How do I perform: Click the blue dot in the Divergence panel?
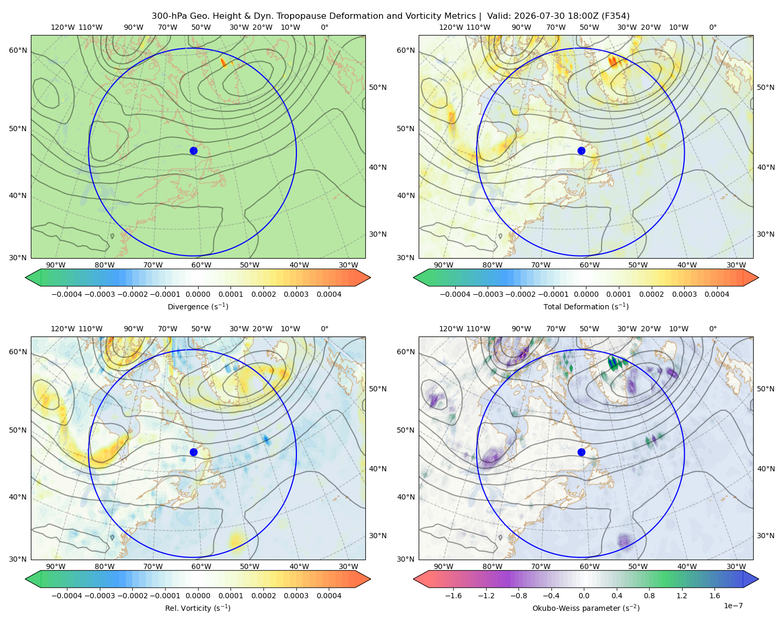click(193, 151)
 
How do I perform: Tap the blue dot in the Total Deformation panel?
click(581, 151)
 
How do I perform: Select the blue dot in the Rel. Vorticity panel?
click(193, 452)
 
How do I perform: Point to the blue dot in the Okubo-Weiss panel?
click(581, 452)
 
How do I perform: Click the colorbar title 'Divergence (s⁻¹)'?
click(198, 306)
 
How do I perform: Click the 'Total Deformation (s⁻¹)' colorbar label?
click(586, 306)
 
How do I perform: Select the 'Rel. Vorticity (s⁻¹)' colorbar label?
click(198, 608)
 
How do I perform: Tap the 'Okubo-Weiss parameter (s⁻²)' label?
click(586, 608)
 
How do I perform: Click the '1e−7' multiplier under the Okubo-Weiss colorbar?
click(733, 606)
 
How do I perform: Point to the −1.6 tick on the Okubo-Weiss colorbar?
click(453, 596)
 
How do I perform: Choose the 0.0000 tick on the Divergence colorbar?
click(198, 294)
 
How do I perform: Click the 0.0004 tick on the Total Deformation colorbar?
click(717, 294)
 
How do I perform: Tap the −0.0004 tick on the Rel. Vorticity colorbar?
click(67, 596)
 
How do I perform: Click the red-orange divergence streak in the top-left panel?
click(223, 63)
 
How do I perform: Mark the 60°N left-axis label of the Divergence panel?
click(18, 50)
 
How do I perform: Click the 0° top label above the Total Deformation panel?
click(713, 27)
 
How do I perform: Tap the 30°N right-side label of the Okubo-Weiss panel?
click(766, 536)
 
